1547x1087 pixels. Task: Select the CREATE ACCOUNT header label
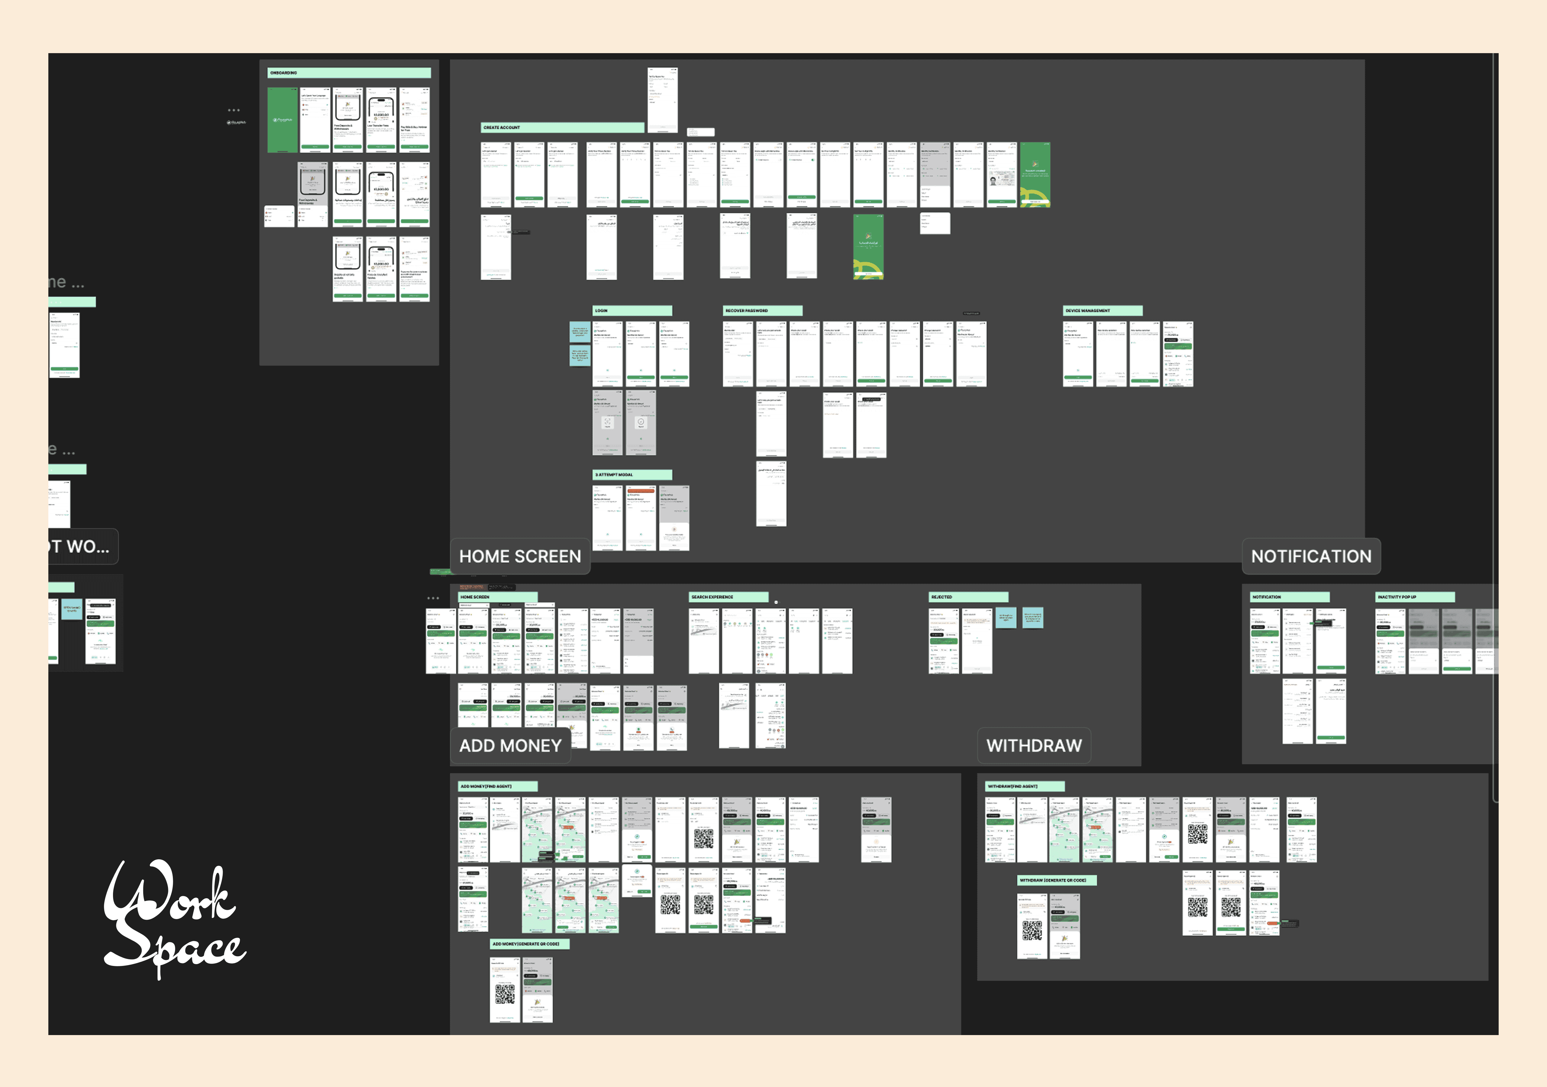click(x=563, y=127)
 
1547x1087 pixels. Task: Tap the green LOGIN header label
click(x=632, y=310)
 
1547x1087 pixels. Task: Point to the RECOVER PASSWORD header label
click(x=762, y=310)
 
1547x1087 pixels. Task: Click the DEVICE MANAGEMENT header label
click(x=1102, y=310)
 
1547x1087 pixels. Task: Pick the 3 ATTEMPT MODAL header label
click(x=632, y=475)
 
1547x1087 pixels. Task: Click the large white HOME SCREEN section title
click(x=519, y=556)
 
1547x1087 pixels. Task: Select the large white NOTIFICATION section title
click(x=1310, y=556)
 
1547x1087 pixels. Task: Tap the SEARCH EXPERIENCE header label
click(x=728, y=597)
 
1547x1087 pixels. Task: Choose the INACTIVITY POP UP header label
click(x=1414, y=597)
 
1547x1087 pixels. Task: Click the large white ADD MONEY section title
click(x=510, y=746)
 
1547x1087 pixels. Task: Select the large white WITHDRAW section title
click(x=1034, y=746)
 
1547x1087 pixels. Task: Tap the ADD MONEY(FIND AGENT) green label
click(x=497, y=786)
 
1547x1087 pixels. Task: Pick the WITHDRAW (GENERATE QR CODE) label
click(x=1057, y=880)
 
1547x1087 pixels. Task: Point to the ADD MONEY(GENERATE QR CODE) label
click(x=530, y=944)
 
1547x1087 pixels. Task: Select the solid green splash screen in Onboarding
click(x=282, y=120)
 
